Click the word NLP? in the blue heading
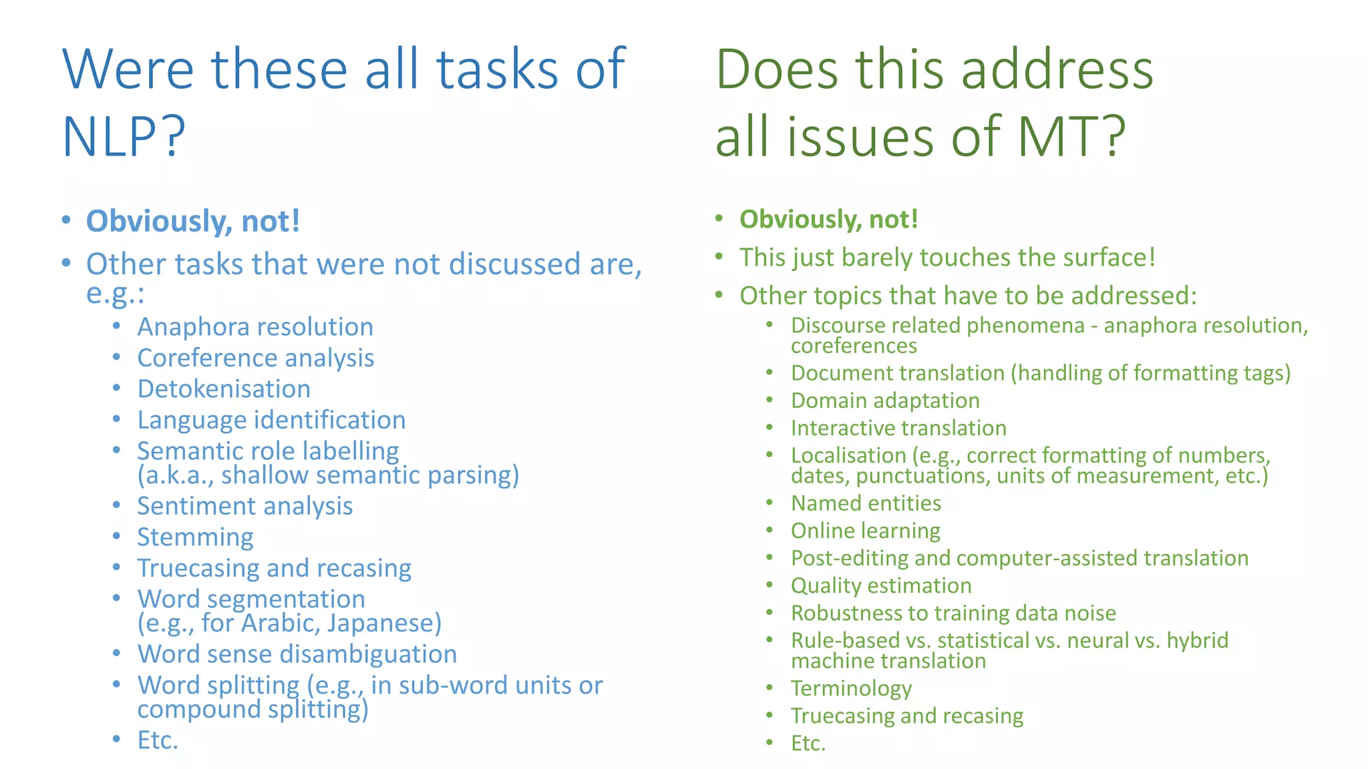[124, 137]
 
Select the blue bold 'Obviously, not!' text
[193, 222]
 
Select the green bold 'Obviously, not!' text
[829, 220]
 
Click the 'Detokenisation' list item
[224, 389]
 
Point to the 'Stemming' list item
[195, 537]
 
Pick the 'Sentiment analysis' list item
[244, 506]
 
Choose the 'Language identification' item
[271, 421]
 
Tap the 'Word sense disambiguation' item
[297, 654]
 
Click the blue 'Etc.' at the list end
[158, 740]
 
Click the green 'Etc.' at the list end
[808, 743]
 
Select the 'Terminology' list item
[851, 688]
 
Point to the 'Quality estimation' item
[881, 585]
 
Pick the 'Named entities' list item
[866, 503]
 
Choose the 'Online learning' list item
[866, 531]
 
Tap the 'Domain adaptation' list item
[885, 401]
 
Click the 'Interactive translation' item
[898, 428]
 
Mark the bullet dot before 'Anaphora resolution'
[117, 326]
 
